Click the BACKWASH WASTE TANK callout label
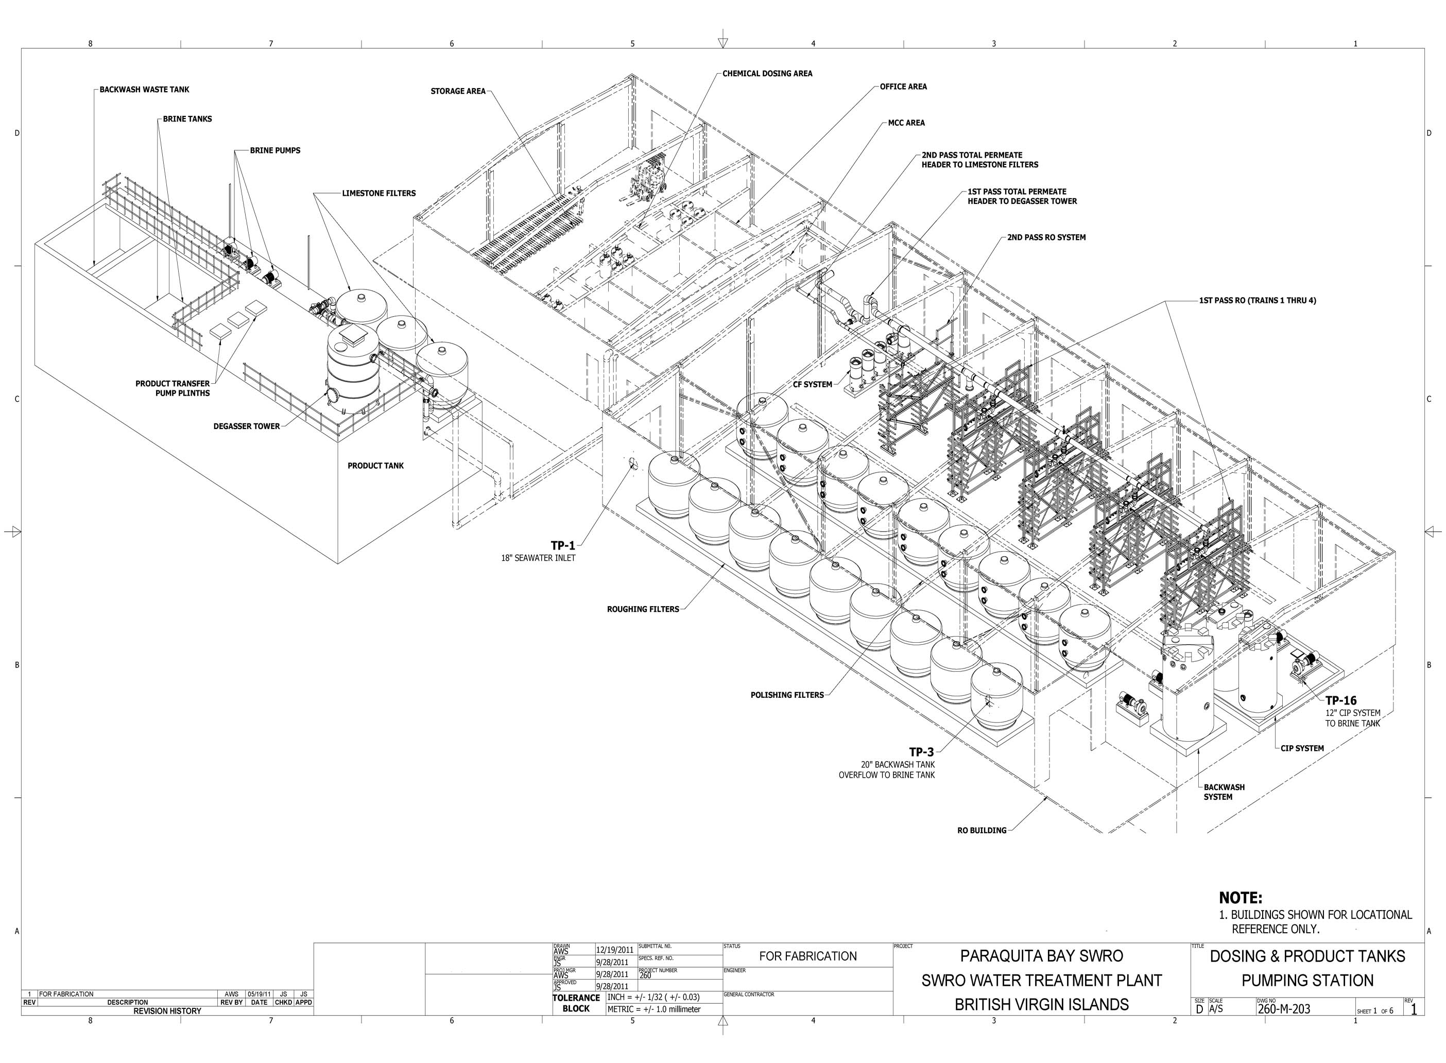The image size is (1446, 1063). pos(144,90)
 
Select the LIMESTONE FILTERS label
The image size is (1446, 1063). pos(379,193)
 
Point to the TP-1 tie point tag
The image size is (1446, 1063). pos(563,545)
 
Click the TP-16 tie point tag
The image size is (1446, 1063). pos(1340,701)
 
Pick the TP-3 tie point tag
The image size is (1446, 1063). pos(921,751)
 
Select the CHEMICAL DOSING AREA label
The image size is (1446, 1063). pos(767,73)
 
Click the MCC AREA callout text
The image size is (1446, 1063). pos(906,123)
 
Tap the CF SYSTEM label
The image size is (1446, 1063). pos(813,384)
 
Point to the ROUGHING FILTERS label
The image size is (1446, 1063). pos(643,609)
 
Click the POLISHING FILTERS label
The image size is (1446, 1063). pos(787,695)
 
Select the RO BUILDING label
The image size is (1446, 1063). pos(982,831)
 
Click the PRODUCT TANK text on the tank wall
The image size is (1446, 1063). pos(375,465)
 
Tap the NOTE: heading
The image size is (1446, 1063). pos(1241,898)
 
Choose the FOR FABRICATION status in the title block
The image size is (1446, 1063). pos(808,956)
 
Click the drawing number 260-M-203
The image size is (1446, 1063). pos(1283,1009)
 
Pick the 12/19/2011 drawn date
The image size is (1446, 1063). pos(615,950)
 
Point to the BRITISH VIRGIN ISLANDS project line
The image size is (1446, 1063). pos(1041,1004)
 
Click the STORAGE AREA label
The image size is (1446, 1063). pos(458,91)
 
